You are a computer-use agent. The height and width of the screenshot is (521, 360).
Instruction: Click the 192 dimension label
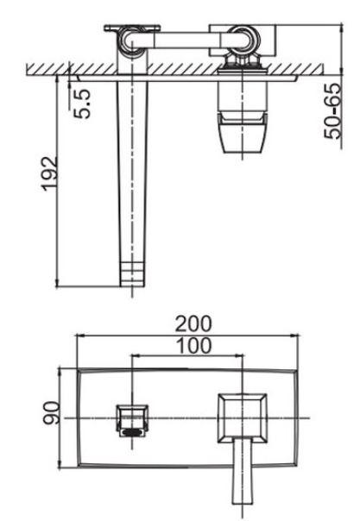point(49,173)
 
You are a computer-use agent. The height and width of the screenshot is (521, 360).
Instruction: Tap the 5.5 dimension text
point(81,104)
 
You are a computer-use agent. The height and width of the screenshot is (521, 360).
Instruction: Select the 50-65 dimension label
point(332,110)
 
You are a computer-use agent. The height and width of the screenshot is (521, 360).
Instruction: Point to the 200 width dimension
point(193,324)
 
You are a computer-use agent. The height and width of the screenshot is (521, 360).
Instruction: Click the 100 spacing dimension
point(193,346)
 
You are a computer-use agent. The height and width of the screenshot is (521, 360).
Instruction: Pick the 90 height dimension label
point(51,412)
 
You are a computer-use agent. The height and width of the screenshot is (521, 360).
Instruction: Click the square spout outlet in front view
point(132,420)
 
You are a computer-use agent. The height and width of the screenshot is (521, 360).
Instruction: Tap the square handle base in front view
point(243,418)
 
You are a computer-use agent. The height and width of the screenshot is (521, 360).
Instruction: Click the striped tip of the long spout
point(132,273)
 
